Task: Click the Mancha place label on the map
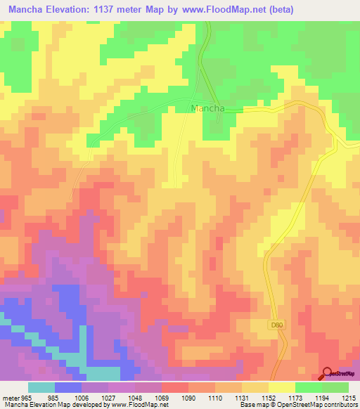[x=207, y=109]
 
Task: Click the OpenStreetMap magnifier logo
[x=327, y=374]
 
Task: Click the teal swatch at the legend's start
[x=41, y=387]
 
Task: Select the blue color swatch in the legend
[x=68, y=387]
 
